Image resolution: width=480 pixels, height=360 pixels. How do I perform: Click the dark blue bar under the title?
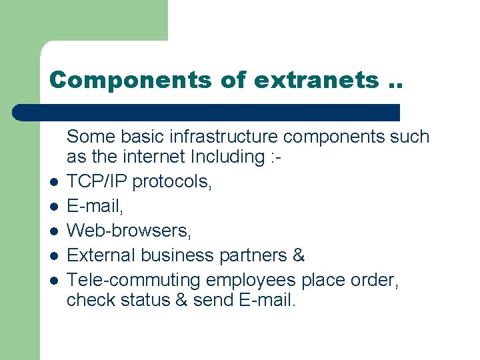point(207,112)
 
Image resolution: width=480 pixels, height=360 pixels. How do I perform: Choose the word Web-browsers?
point(129,231)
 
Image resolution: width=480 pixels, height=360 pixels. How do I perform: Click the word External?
point(98,255)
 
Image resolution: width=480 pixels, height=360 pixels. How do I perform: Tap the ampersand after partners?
point(299,255)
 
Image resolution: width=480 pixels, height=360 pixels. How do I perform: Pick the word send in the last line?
point(211,300)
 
